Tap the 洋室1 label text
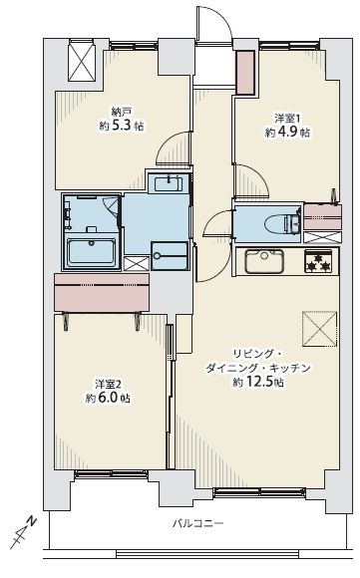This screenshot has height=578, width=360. click(287, 119)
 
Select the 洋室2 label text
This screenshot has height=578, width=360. click(108, 385)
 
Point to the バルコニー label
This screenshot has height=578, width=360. click(198, 523)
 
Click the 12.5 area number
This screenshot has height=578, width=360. click(260, 383)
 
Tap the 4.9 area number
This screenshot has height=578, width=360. click(287, 133)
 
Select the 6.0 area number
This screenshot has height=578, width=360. click(108, 399)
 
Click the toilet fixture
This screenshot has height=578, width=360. click(282, 222)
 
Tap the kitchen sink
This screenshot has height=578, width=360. click(264, 261)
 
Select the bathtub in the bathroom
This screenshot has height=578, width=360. click(91, 252)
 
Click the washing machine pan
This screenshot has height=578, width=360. click(170, 255)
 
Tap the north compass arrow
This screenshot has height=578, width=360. click(23, 533)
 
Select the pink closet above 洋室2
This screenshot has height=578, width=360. click(102, 292)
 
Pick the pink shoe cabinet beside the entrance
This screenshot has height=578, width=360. click(245, 72)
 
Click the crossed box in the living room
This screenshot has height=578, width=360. click(320, 329)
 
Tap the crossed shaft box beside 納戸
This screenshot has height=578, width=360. click(82, 61)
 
